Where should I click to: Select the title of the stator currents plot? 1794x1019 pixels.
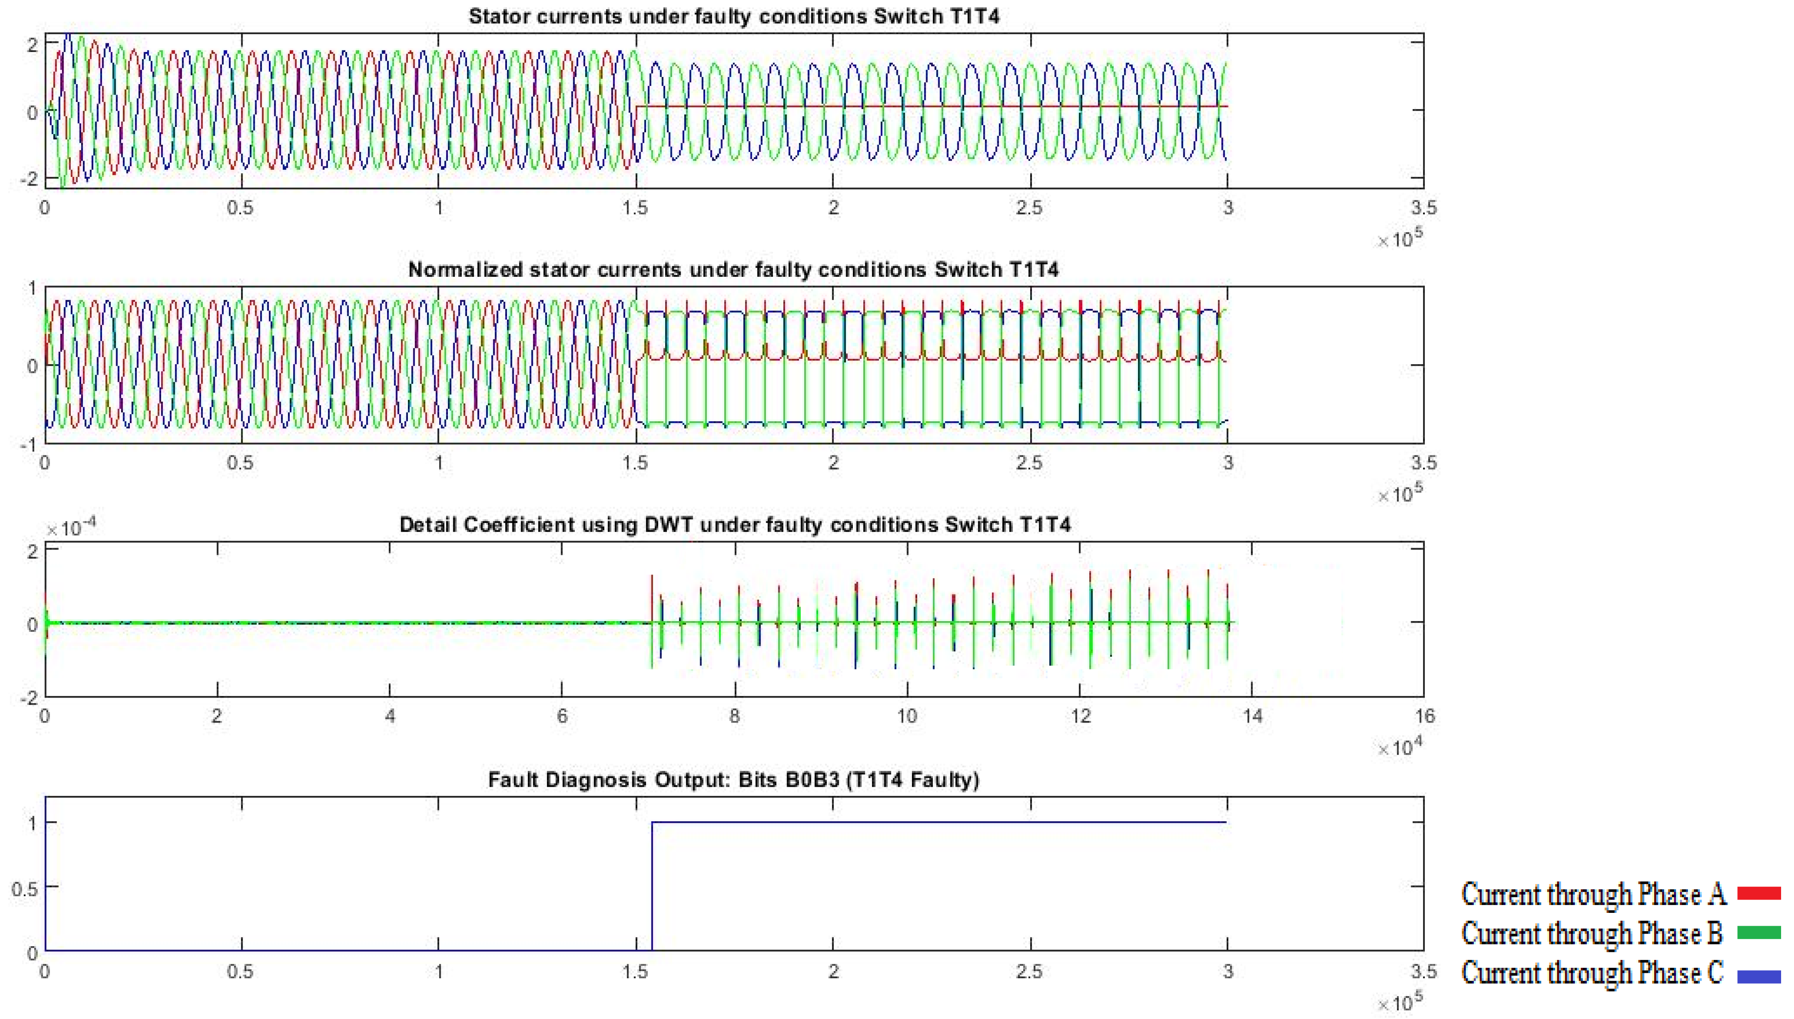point(733,16)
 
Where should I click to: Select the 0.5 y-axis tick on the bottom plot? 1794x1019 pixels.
point(25,887)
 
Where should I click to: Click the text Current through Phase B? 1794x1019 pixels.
point(1591,933)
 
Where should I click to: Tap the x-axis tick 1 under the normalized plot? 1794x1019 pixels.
point(439,462)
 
